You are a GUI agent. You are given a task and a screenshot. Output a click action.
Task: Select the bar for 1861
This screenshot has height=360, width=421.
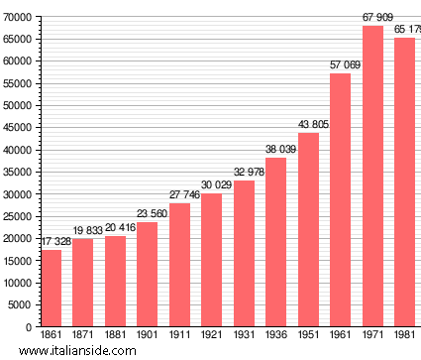click(x=51, y=288)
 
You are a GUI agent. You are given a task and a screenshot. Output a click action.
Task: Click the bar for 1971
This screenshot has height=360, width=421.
click(x=372, y=176)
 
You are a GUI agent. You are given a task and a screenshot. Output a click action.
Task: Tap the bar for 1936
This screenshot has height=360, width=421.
click(x=276, y=242)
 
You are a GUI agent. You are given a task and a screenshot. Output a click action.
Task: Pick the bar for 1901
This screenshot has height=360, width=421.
click(x=148, y=274)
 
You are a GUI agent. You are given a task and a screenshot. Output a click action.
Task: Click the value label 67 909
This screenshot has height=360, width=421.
click(x=372, y=17)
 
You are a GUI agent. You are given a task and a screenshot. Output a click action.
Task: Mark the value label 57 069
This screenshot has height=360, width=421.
click(x=341, y=65)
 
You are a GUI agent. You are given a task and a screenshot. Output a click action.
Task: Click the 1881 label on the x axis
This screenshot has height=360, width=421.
click(x=115, y=335)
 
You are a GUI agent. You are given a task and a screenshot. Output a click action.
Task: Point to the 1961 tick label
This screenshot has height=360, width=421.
click(x=341, y=335)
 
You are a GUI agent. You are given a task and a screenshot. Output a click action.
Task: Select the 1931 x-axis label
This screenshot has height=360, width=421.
click(x=244, y=335)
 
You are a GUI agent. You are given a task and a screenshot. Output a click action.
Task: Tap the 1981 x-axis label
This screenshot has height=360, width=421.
click(x=405, y=335)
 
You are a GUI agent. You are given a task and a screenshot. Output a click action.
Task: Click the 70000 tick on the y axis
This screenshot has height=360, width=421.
click(x=16, y=17)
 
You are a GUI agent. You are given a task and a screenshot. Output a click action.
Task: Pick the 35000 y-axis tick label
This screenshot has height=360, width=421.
click(x=16, y=172)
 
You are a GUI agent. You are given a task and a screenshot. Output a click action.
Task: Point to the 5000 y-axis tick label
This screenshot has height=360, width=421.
click(x=19, y=304)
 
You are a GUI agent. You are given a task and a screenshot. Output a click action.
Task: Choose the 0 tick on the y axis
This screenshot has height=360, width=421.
click(x=29, y=326)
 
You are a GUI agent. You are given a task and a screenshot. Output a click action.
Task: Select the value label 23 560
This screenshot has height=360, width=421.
click(x=148, y=214)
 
